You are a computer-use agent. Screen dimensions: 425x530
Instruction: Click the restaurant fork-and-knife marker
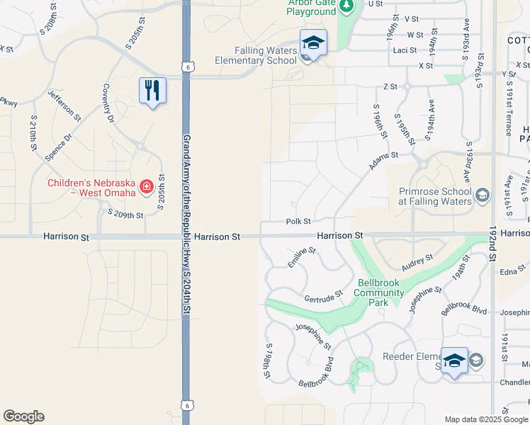click(x=152, y=91)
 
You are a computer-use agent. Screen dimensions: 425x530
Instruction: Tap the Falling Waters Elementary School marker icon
click(x=312, y=43)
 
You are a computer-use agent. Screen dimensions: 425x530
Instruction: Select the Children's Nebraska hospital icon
click(x=146, y=187)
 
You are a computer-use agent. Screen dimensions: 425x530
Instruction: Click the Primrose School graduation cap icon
click(x=482, y=195)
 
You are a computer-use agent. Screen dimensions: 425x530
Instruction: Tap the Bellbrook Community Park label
click(x=378, y=293)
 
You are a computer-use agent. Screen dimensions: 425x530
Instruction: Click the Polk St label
click(x=298, y=222)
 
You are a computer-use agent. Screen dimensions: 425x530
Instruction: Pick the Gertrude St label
click(x=324, y=295)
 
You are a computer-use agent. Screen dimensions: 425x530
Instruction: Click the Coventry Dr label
click(x=108, y=103)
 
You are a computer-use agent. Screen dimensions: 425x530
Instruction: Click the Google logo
click(x=23, y=416)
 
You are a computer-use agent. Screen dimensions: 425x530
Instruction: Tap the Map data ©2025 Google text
click(x=485, y=419)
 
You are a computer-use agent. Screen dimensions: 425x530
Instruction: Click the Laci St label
click(x=405, y=50)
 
